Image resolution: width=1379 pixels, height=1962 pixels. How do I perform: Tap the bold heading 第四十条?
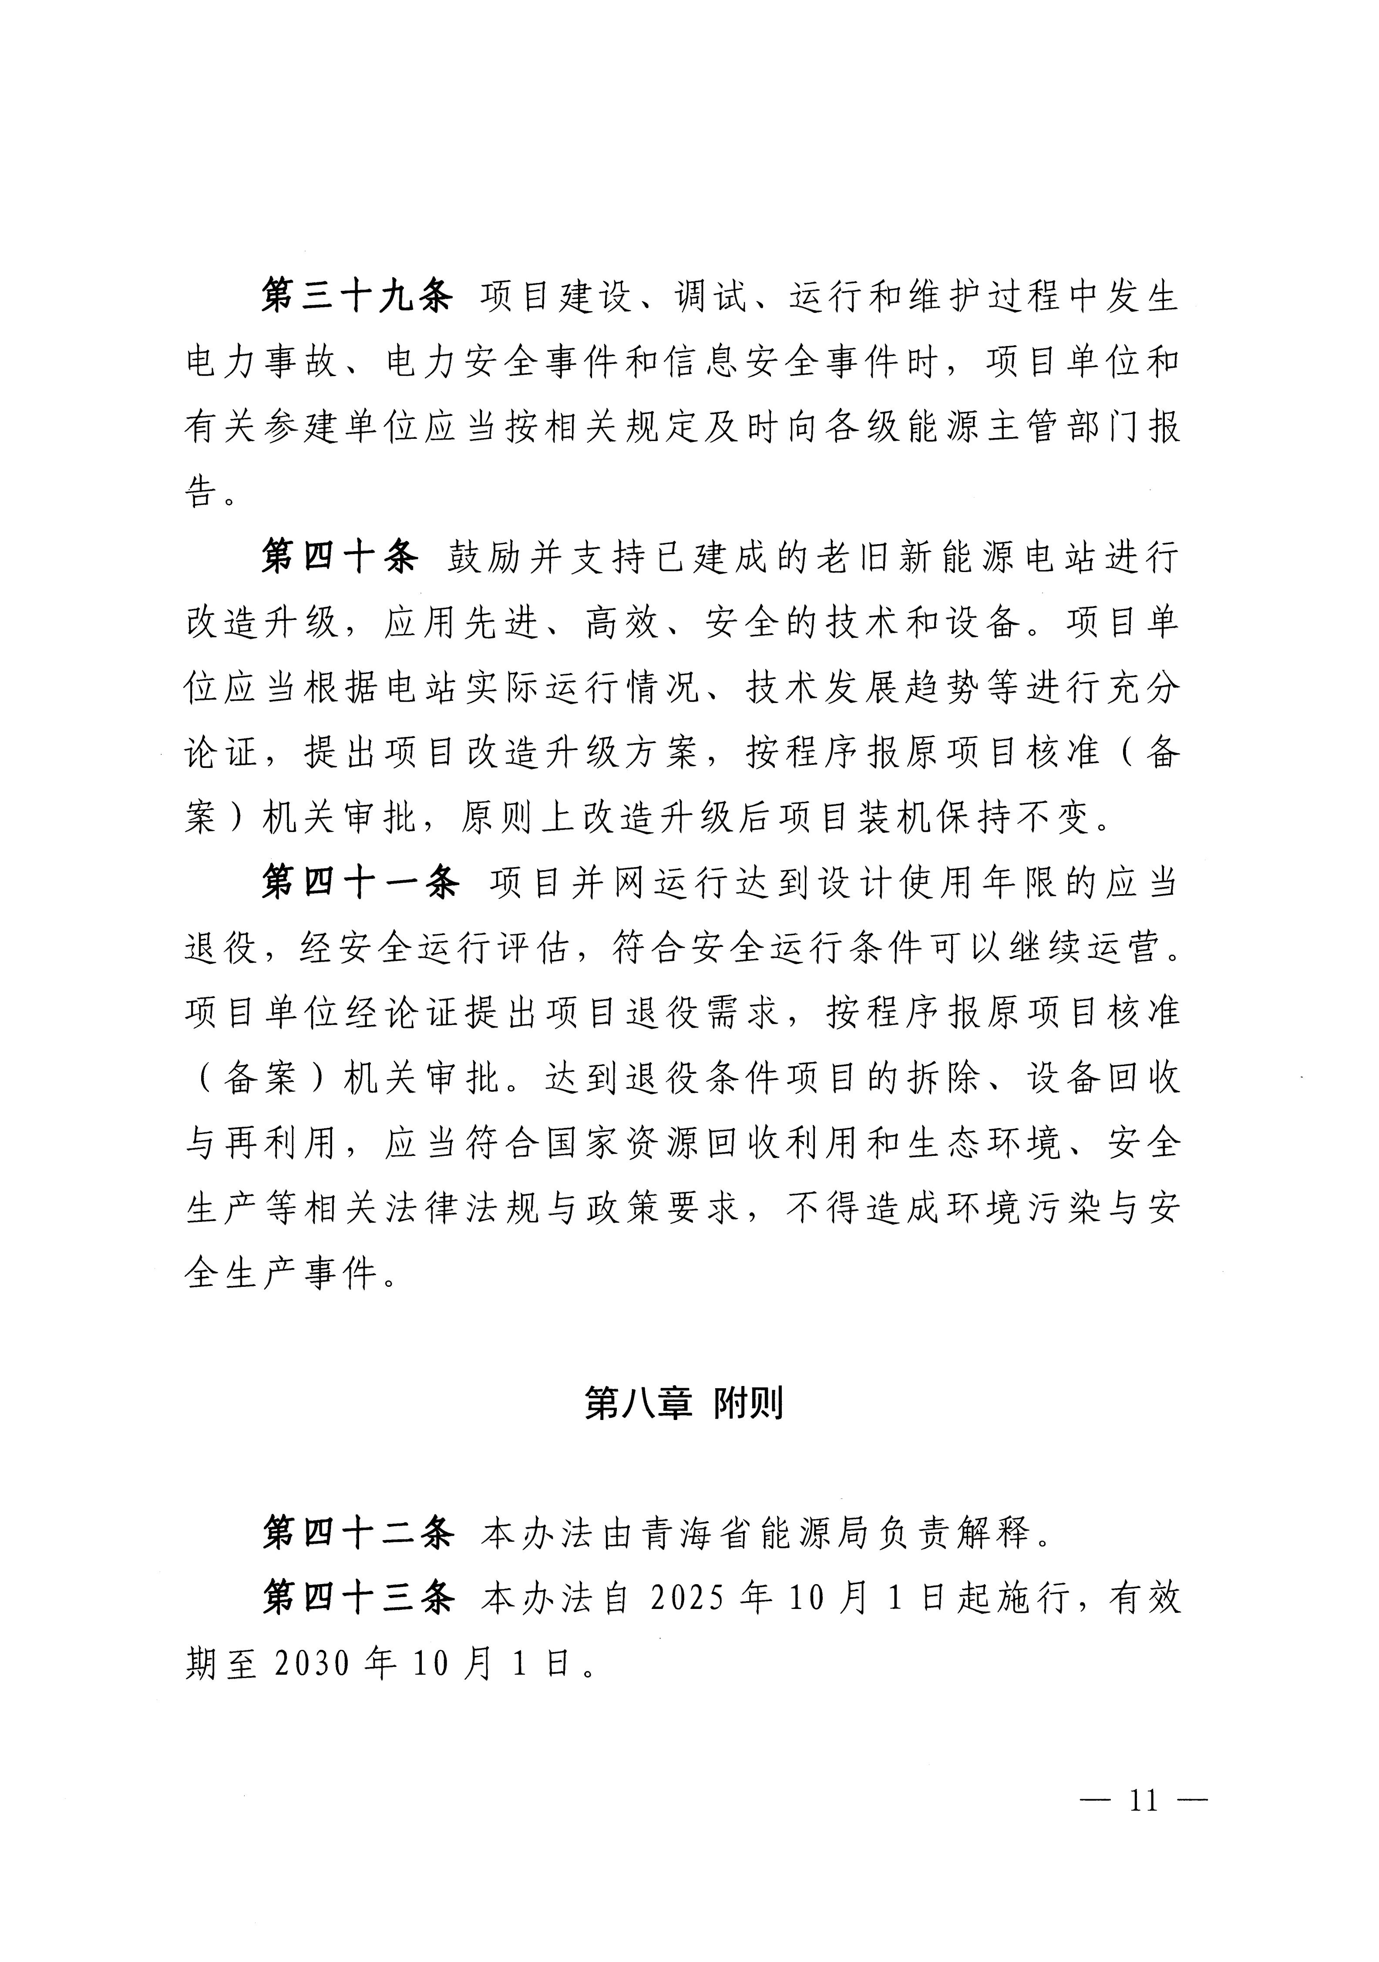pos(340,558)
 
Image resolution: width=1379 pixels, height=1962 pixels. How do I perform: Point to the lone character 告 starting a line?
pos(202,492)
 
